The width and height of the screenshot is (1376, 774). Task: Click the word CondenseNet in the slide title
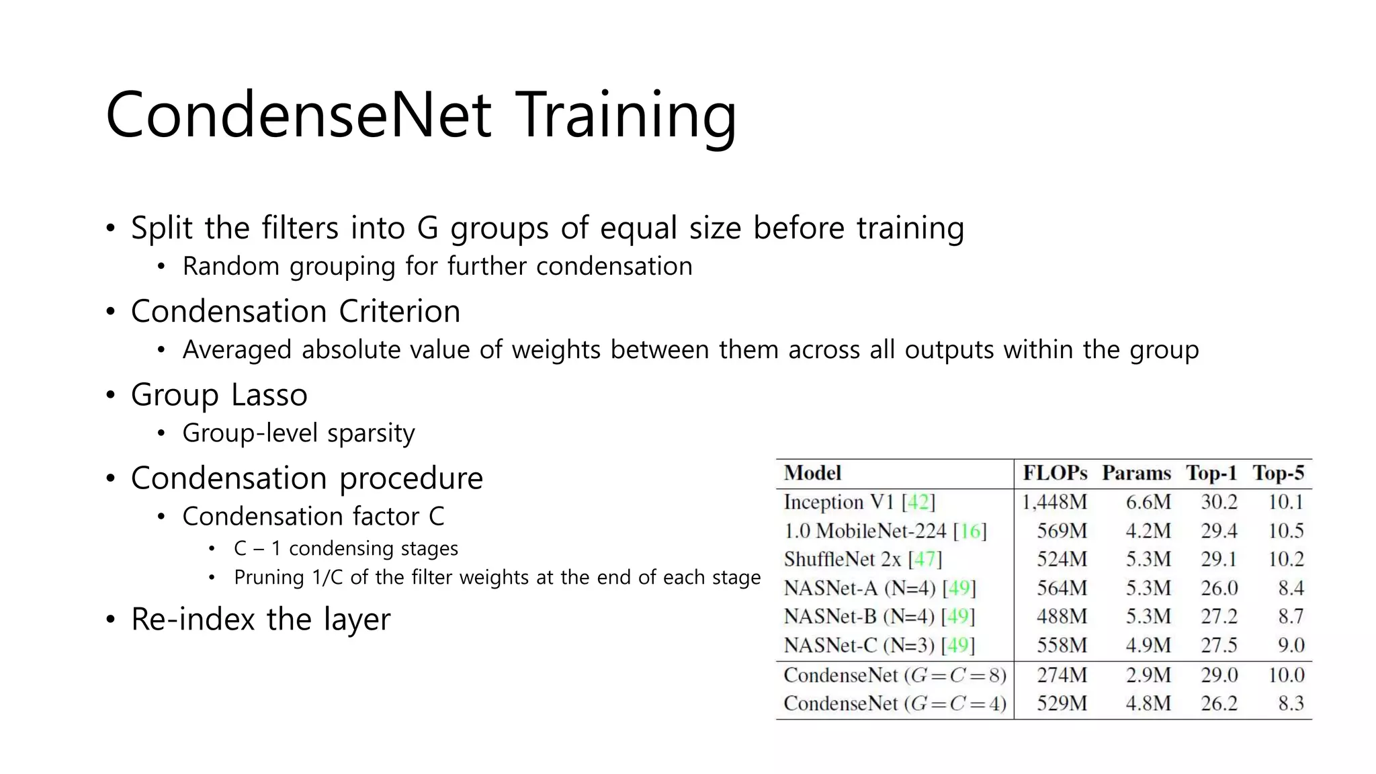coord(298,116)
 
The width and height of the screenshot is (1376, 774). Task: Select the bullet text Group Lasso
coord(219,394)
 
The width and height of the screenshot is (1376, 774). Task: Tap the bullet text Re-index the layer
coord(260,619)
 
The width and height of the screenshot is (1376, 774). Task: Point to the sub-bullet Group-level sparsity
coord(298,433)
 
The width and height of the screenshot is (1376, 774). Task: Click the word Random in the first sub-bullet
coord(230,267)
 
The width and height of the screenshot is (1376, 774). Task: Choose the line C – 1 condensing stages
coord(345,549)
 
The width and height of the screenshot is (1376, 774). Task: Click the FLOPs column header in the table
coord(1054,473)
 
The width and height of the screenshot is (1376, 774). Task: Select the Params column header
coord(1136,473)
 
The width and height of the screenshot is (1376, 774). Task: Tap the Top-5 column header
coord(1278,473)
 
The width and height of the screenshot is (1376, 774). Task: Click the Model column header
coord(812,473)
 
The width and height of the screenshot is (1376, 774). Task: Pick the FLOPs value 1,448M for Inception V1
coord(1054,502)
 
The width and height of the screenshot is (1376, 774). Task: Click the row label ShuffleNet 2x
coord(843,559)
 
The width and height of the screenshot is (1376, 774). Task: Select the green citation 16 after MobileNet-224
coord(970,531)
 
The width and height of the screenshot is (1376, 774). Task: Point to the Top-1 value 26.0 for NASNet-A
coord(1219,588)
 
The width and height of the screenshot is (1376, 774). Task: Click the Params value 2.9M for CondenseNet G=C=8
coord(1148,675)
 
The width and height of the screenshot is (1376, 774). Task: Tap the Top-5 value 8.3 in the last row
coord(1291,703)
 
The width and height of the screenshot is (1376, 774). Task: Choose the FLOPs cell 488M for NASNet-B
coord(1062,616)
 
